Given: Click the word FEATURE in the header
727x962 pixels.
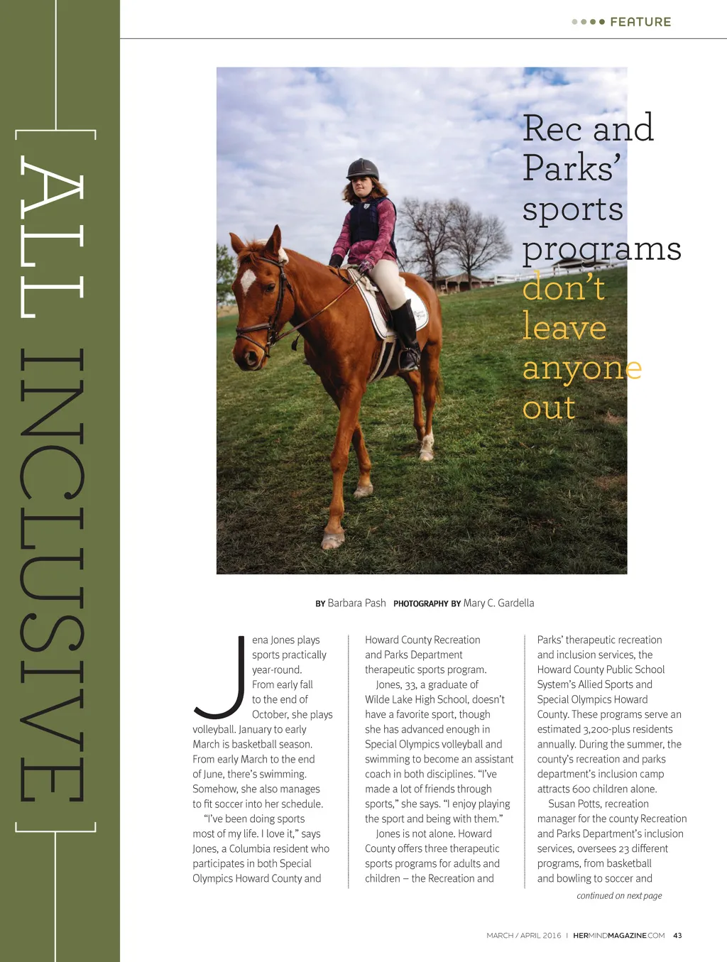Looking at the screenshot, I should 640,22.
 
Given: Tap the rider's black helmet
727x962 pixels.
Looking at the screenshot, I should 362,169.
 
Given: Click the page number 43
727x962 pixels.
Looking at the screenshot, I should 677,936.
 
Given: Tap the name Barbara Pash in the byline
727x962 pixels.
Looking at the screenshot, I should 356,603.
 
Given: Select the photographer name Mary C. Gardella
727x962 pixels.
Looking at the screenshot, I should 498,603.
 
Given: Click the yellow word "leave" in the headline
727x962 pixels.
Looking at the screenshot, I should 564,327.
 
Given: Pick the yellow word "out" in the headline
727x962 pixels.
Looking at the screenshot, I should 549,408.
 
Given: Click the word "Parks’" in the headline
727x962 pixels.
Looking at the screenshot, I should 572,168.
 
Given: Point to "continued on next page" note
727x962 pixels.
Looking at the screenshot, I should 619,896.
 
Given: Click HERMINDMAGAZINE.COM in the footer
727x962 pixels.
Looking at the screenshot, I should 618,936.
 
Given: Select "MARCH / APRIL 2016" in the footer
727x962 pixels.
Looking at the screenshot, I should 523,936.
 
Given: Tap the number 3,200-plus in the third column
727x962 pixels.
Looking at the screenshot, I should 628,729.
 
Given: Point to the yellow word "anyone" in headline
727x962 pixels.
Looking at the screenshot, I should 582,368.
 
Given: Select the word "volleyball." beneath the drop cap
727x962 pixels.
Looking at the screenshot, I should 214,729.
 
